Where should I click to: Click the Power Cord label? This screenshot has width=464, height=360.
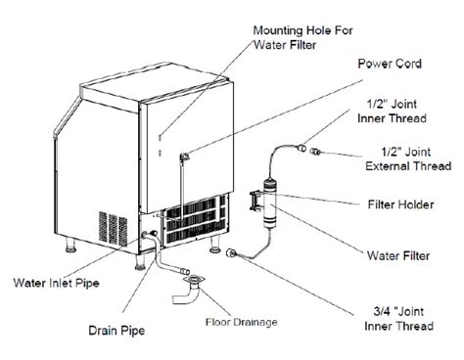click(x=390, y=64)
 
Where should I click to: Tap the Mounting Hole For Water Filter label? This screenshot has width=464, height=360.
click(x=302, y=37)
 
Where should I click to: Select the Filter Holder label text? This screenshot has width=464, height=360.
click(x=401, y=204)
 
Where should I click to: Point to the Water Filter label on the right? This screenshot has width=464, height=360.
click(x=398, y=255)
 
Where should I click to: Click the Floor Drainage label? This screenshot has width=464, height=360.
click(x=242, y=322)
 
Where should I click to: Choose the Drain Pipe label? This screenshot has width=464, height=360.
click(x=116, y=331)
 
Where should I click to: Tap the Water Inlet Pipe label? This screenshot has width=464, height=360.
click(x=56, y=283)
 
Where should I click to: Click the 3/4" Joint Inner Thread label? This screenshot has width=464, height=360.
click(x=398, y=319)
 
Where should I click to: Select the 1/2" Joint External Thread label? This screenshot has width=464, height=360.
click(x=408, y=158)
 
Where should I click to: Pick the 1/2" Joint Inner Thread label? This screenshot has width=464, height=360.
click(x=392, y=112)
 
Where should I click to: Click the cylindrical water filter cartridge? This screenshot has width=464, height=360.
click(x=270, y=203)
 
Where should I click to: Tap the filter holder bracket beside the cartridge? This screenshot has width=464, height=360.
click(x=255, y=202)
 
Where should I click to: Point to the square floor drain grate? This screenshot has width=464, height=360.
click(x=195, y=280)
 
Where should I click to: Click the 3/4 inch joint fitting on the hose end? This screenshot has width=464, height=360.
click(x=231, y=252)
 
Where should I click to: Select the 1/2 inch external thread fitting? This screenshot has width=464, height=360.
click(x=315, y=152)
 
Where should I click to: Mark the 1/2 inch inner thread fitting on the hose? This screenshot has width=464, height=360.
click(x=301, y=148)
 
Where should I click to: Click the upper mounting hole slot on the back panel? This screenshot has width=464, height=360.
click(x=160, y=137)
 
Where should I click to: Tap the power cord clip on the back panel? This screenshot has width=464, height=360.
click(x=184, y=157)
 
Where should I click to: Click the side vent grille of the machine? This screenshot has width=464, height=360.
click(x=114, y=229)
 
